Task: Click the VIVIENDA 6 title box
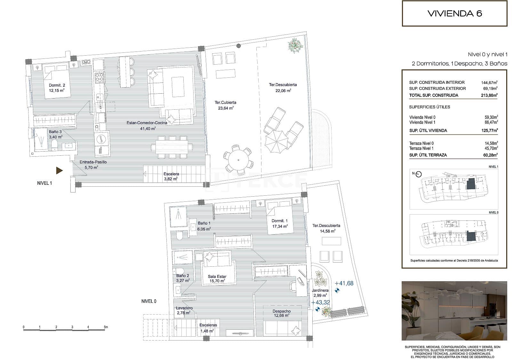click(454, 13)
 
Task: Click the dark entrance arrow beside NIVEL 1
click(59, 171)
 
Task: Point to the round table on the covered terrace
click(238, 158)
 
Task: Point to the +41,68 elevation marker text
click(344, 283)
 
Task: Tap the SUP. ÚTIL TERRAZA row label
click(428, 155)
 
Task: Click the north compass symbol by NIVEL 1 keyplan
click(419, 174)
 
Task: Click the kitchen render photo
click(454, 311)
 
